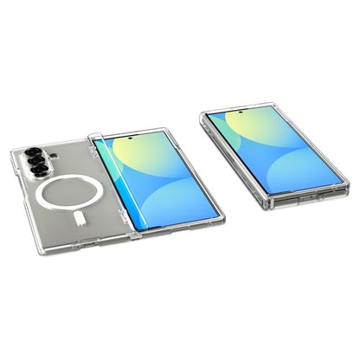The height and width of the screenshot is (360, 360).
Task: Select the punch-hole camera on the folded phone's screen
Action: point(267,118)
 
